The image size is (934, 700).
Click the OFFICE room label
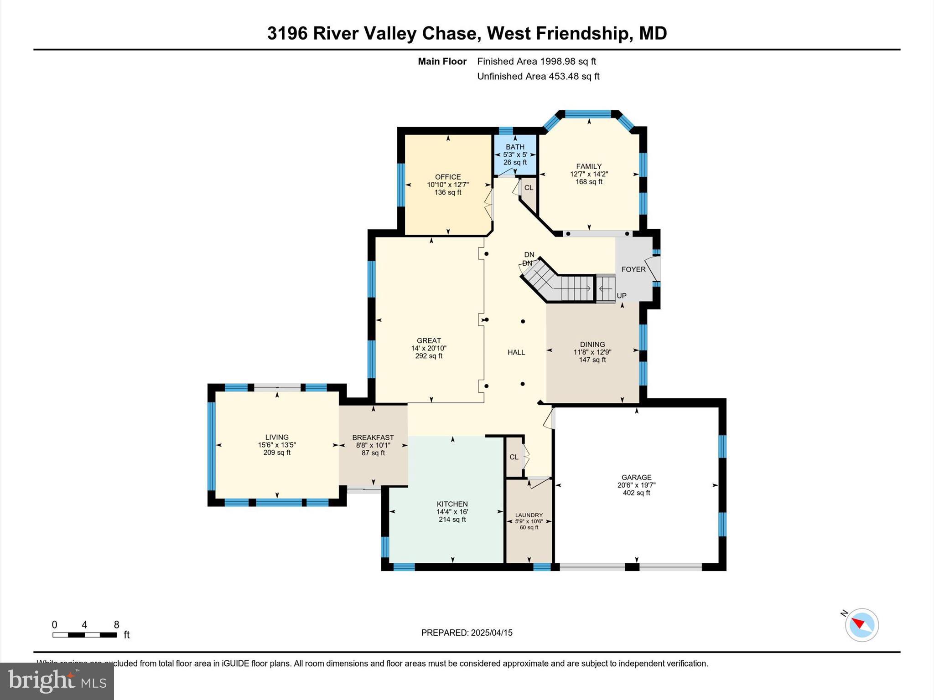(448, 177)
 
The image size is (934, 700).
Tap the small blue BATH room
(515, 155)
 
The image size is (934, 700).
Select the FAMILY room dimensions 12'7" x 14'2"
(589, 174)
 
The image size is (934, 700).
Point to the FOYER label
(633, 269)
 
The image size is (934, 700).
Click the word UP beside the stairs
(622, 296)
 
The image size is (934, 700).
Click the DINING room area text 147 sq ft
(592, 360)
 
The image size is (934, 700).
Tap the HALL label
(516, 352)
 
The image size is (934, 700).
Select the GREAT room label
(429, 340)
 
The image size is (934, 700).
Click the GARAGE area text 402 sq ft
(636, 493)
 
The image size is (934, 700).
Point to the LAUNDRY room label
(529, 515)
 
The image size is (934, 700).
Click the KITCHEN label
(452, 504)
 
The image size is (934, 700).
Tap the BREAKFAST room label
(373, 437)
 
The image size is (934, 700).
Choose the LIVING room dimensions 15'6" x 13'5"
(277, 445)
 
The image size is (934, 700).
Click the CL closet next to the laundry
(514, 457)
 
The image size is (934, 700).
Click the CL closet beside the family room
(529, 188)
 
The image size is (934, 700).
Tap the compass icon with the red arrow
(861, 625)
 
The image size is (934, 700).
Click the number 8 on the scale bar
(116, 625)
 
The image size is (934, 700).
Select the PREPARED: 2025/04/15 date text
(467, 633)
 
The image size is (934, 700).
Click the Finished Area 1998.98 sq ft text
(536, 62)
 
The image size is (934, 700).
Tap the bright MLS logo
(57, 681)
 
